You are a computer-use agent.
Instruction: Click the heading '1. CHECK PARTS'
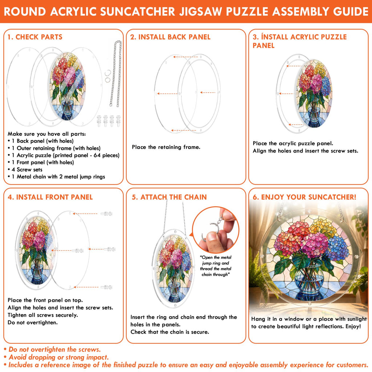pyautogui.click(x=35, y=37)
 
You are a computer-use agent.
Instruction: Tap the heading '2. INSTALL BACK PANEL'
pyautogui.click(x=170, y=37)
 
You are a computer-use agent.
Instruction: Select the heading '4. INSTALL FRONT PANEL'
pyautogui.click(x=50, y=197)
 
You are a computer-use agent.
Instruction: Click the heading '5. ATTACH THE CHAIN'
pyautogui.click(x=169, y=197)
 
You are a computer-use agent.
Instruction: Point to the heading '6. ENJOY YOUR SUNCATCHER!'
pyautogui.click(x=304, y=197)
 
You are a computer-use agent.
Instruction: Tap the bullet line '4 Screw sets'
pyautogui.click(x=25, y=170)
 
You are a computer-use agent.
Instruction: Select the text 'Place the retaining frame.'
pyautogui.click(x=166, y=147)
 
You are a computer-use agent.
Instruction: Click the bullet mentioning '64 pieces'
pyautogui.click(x=64, y=155)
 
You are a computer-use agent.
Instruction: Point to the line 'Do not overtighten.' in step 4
pyautogui.click(x=32, y=323)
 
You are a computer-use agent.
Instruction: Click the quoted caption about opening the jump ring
pyautogui.click(x=215, y=266)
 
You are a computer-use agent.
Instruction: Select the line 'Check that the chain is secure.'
pyautogui.click(x=170, y=332)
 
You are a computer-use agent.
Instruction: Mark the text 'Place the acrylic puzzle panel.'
pyautogui.click(x=293, y=143)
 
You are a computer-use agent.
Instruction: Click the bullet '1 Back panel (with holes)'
pyautogui.click(x=41, y=141)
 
